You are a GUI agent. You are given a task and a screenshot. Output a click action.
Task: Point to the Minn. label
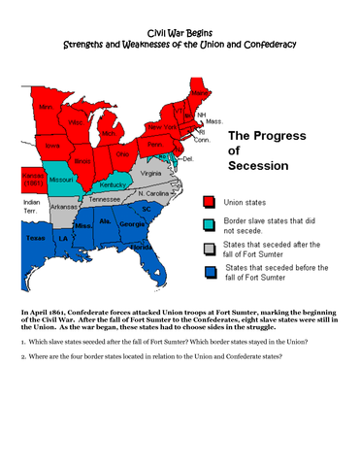coord(46,106)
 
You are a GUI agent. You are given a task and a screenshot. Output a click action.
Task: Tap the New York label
coord(162,127)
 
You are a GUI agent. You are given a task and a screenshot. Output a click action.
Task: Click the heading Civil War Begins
coord(180,33)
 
